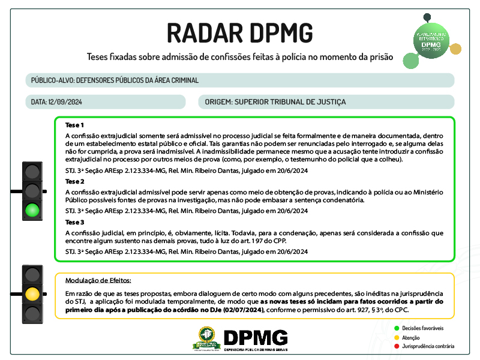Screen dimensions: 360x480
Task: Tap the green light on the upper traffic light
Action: pyautogui.click(x=32, y=210)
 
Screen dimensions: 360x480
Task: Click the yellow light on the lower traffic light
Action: pyautogui.click(x=32, y=294)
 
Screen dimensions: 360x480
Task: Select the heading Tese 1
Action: pyautogui.click(x=74, y=125)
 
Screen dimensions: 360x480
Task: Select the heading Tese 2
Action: pyautogui.click(x=74, y=181)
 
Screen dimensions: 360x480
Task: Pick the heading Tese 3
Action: pyautogui.click(x=74, y=222)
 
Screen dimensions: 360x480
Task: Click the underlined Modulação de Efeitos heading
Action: pyautogui.click(x=98, y=280)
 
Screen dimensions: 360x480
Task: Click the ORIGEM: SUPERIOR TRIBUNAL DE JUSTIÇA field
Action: pyautogui.click(x=275, y=102)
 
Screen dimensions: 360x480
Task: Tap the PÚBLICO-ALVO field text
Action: pyautogui.click(x=115, y=80)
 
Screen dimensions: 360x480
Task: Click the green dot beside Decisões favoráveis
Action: pyautogui.click(x=397, y=329)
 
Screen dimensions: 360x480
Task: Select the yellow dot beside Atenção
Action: pyautogui.click(x=397, y=337)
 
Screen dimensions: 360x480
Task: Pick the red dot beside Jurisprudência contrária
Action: pyautogui.click(x=397, y=346)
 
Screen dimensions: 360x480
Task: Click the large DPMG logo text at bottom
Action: pyautogui.click(x=255, y=337)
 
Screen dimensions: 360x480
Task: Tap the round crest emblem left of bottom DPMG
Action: pyautogui.click(x=206, y=339)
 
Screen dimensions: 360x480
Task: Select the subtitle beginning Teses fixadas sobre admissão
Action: pyautogui.click(x=240, y=58)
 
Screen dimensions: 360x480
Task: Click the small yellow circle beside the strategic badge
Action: pyautogui.click(x=455, y=49)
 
